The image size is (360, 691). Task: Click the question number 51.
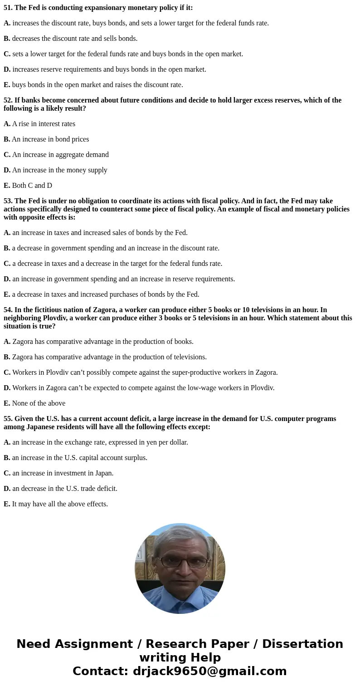point(8,8)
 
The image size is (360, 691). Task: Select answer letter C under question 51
point(7,54)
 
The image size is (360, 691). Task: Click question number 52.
point(8,100)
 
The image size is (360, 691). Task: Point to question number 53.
point(8,201)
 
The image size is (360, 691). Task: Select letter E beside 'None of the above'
point(6,403)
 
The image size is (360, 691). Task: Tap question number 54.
point(8,310)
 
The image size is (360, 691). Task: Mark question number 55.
point(8,419)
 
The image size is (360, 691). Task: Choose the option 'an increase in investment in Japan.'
point(63,473)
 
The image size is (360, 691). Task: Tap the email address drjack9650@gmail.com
point(209,671)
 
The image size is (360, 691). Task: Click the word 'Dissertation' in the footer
point(302,644)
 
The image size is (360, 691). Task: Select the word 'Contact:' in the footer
point(101,671)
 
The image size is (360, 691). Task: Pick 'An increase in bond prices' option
point(50,139)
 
